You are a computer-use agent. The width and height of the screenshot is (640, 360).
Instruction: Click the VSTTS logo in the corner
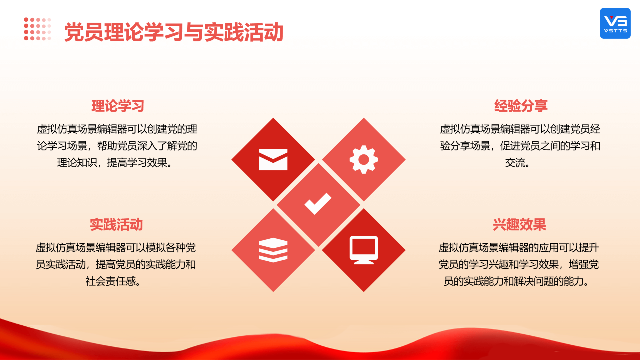pos(615,23)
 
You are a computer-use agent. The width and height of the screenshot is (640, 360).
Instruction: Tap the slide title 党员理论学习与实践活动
pos(174,32)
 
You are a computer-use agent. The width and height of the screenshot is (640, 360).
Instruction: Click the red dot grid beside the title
pos(37,29)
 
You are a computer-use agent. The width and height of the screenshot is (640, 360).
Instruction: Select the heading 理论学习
pos(118,106)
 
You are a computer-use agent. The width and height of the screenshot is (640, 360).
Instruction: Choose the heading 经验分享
pos(521,106)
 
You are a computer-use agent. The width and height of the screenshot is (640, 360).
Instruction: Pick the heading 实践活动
pos(116,224)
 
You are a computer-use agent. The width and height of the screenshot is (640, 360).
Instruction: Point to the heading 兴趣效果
pos(519,224)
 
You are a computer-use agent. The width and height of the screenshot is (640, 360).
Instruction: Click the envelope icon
pos(273,159)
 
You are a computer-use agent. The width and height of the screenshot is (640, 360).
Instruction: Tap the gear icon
pos(364,159)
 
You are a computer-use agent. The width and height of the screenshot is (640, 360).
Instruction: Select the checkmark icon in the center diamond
pos(318,204)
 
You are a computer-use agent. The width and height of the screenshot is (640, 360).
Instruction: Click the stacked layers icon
pos(273,250)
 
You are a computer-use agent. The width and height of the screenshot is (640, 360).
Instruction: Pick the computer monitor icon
pos(364,250)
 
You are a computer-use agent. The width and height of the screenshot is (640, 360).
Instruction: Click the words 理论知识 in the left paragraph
pos(77,163)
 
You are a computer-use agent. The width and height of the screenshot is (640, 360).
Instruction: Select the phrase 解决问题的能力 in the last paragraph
pos(548,281)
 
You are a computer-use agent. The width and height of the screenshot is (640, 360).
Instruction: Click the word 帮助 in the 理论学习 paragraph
pos(107,146)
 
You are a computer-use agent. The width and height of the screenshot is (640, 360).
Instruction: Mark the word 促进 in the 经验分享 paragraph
pos(510,146)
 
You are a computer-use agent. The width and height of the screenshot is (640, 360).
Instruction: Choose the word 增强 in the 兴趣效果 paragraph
pos(579,264)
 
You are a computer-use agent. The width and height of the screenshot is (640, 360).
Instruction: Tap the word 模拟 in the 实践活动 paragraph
pos(156,247)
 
